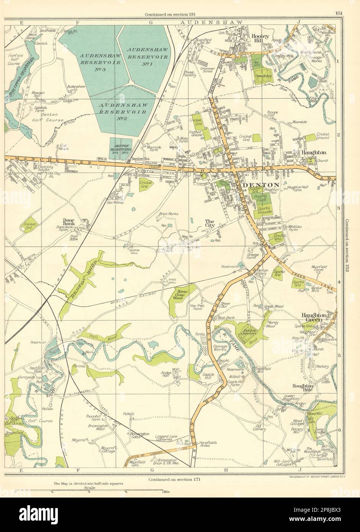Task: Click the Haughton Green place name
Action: coord(313,317)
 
